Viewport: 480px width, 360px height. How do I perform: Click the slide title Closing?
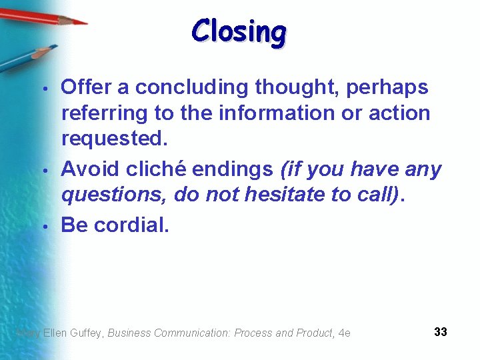(239, 31)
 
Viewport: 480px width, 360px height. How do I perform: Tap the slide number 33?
(440, 331)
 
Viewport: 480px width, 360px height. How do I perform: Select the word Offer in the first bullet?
(86, 87)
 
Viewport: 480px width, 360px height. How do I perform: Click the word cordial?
(131, 225)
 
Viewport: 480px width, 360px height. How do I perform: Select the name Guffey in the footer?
(86, 333)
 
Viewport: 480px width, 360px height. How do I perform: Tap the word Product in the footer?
(310, 333)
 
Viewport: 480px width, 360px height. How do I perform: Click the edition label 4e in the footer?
(344, 333)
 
